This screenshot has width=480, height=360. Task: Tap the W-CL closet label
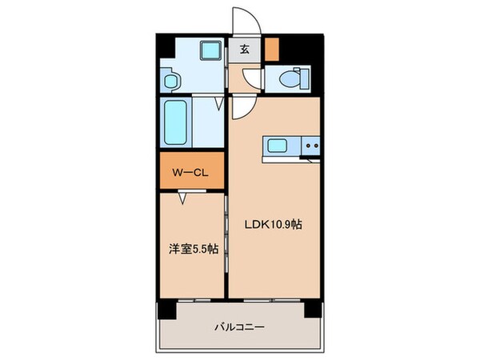[191, 170]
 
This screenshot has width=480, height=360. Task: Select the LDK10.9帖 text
[273, 225]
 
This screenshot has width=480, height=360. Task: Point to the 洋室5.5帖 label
[191, 250]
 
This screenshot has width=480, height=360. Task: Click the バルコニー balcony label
[239, 326]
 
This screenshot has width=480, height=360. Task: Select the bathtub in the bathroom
[174, 122]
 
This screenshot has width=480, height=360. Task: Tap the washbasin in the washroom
[169, 80]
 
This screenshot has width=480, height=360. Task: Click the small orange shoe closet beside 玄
[273, 49]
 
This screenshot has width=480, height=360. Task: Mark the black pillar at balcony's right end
[315, 306]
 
